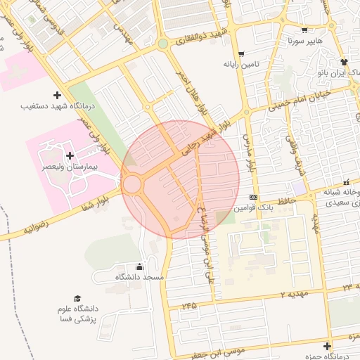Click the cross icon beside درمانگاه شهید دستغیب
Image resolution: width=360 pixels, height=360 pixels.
point(57,95)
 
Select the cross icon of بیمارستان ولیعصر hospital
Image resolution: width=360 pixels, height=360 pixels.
point(69,155)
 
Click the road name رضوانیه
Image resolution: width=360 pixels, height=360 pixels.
point(35,226)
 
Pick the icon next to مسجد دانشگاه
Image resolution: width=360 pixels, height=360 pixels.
point(139,266)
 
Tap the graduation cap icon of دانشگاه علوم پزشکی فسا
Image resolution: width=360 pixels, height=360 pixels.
point(77,299)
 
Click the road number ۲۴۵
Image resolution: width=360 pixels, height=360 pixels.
point(188,307)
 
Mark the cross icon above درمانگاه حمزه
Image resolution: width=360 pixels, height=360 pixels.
point(327,346)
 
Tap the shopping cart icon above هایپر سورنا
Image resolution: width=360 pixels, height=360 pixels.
point(304,30)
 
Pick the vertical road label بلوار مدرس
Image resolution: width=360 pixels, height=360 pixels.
point(248,151)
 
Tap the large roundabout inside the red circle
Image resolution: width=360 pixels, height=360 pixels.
point(132,185)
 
